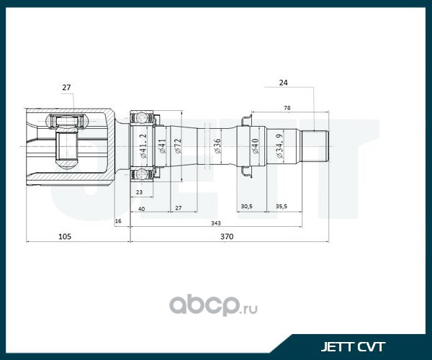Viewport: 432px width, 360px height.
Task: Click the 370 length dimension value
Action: point(227,237)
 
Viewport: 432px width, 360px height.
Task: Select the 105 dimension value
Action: point(65,237)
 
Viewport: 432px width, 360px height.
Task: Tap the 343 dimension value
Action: point(216,223)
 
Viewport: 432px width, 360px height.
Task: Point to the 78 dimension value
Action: point(287,108)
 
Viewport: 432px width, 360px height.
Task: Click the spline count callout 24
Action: point(283,83)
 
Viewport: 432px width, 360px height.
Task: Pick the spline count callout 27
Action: point(66,88)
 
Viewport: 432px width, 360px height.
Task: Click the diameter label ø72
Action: point(178,145)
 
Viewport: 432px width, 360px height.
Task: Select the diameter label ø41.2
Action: point(143,146)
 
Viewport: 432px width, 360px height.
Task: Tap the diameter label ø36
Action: point(217,146)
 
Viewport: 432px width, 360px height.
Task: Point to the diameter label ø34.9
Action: point(279,146)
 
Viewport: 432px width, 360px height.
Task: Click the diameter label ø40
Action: point(255,146)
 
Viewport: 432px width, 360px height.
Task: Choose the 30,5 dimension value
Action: point(246,207)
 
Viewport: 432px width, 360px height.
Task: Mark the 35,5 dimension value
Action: point(282,207)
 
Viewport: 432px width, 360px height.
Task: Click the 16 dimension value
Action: point(118,221)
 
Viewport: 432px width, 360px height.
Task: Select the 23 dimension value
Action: point(140,192)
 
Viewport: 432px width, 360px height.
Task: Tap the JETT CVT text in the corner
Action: point(353,347)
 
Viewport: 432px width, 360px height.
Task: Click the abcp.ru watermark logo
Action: point(213,306)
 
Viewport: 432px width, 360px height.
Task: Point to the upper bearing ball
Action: point(142,117)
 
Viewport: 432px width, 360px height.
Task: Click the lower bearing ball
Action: point(142,174)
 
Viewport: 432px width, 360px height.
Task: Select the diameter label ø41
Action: point(162,146)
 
